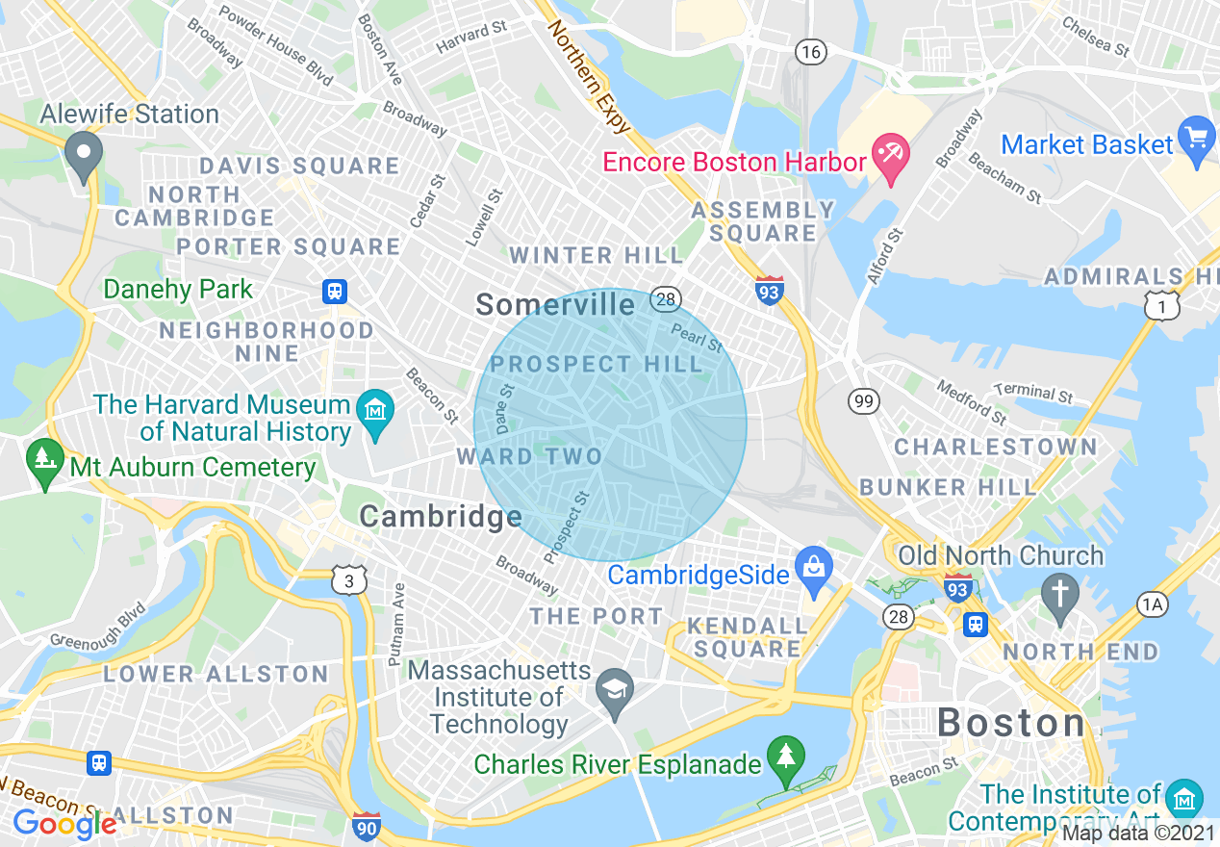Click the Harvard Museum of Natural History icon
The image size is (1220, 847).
[372, 411]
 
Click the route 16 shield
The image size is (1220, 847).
[811, 51]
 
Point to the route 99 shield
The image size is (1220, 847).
[863, 401]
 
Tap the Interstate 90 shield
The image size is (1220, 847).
[366, 826]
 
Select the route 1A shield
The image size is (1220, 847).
[1152, 604]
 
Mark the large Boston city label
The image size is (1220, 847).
[1011, 722]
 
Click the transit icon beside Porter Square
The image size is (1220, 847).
[335, 291]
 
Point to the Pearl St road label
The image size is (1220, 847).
[697, 339]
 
